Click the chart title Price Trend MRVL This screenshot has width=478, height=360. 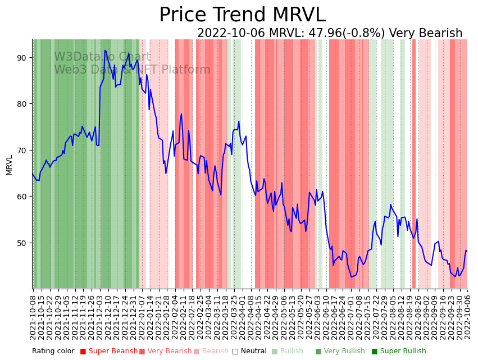(x=242, y=15)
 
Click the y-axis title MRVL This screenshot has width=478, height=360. (x=9, y=165)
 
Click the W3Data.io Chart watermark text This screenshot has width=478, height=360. (x=102, y=57)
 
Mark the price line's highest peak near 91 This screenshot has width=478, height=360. (x=104, y=51)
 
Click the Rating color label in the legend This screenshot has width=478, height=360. (x=53, y=352)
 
